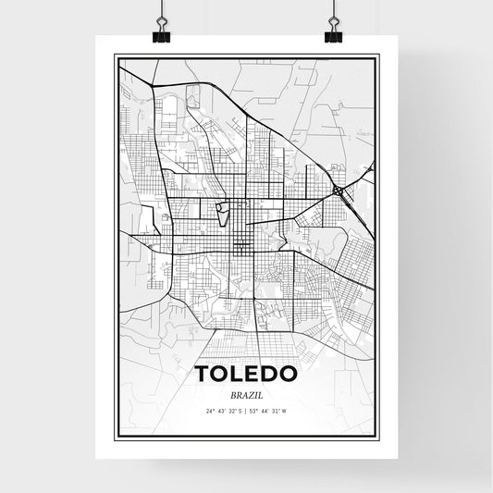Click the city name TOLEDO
(246, 374)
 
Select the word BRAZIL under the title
(246, 393)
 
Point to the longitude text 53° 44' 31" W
(272, 411)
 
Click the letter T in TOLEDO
(203, 374)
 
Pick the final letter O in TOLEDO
(289, 374)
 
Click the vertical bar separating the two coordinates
(246, 411)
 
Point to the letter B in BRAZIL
(230, 393)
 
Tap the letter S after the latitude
(240, 411)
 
